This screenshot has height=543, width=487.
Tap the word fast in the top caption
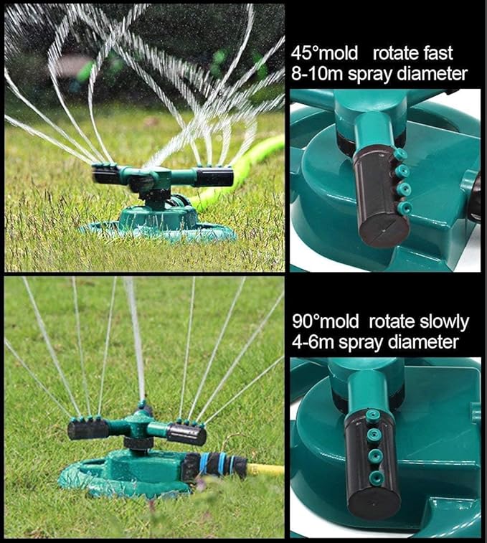point(436,52)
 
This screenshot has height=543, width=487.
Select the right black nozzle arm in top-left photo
point(213,176)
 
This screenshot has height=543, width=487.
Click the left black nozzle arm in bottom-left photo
point(89,430)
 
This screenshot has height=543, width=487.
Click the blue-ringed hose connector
point(215,464)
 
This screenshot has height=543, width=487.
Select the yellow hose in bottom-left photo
point(265,469)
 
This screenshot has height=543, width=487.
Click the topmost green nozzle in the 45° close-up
point(399,154)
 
